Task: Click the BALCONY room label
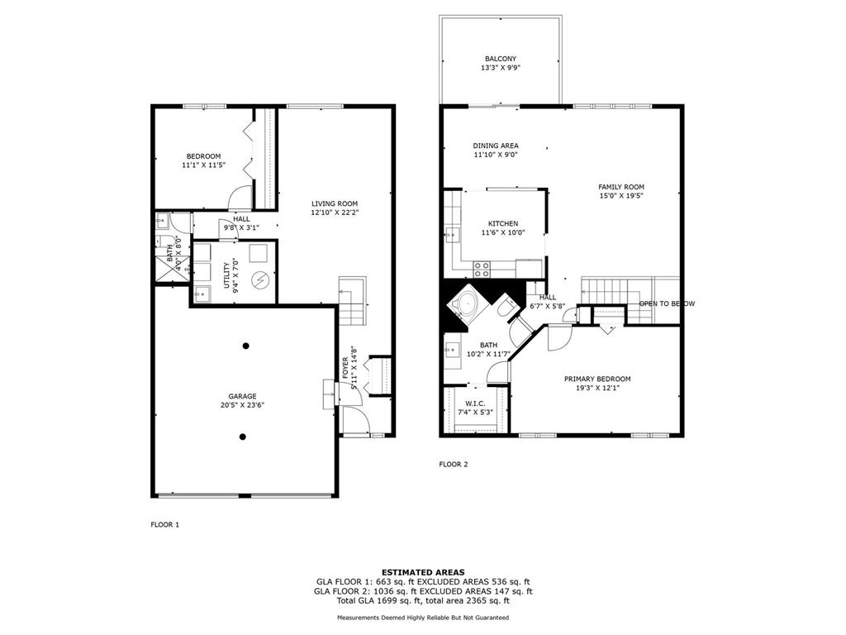coord(500,59)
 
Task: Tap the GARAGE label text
coord(242,396)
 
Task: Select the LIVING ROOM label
coord(335,203)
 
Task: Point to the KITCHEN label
coord(503,223)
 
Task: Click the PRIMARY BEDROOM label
coord(597,379)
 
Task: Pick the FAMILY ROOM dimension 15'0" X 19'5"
coord(621,196)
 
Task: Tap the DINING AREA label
coord(496,146)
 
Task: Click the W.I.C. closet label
coord(475,403)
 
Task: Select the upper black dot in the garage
coord(246,346)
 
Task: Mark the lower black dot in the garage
coord(244,437)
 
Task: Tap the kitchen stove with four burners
coord(482,269)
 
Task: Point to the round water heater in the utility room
coord(260,279)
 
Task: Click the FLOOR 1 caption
coord(164,525)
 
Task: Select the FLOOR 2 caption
coord(454,465)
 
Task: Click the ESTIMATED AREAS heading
coord(423,572)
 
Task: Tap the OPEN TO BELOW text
coord(667,303)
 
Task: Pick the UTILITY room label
coord(226,275)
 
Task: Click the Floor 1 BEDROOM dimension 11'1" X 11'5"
coord(203,165)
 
